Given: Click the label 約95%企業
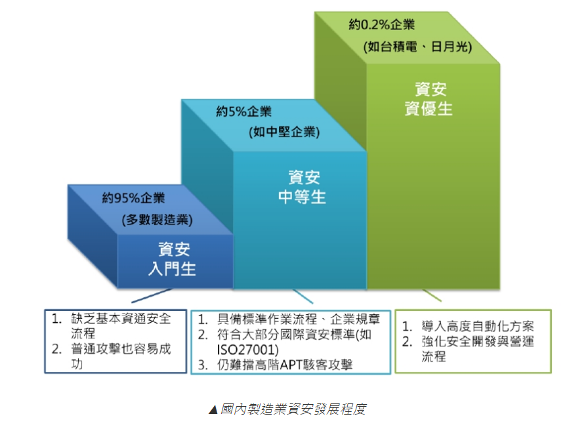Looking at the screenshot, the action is (x=133, y=197).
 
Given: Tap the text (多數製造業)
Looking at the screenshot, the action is (x=157, y=220).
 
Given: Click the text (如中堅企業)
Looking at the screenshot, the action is (x=284, y=132).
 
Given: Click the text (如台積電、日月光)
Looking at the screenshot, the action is (x=417, y=47).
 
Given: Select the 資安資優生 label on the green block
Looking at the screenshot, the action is (x=429, y=98).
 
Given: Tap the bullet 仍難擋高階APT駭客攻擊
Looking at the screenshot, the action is (x=285, y=364).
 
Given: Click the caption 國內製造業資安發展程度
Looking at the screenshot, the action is (x=293, y=409).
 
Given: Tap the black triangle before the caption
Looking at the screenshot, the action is (x=213, y=410).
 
